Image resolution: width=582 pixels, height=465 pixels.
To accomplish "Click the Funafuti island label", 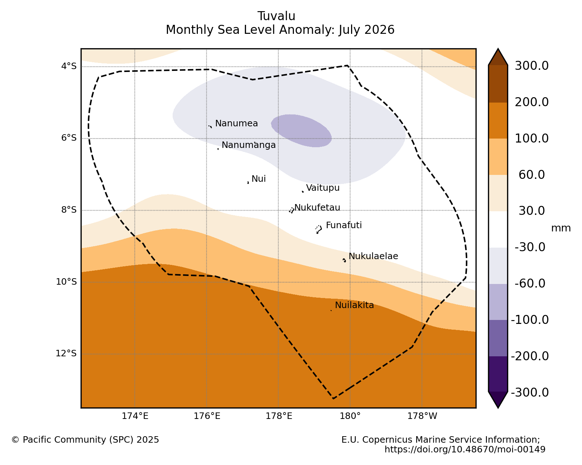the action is (344, 225).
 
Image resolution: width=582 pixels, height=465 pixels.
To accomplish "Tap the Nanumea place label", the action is (236, 123).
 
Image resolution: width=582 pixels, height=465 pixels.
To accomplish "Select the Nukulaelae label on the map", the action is (373, 256).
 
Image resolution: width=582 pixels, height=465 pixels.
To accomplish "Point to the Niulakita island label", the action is (354, 305).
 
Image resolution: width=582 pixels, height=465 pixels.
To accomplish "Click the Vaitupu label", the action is (323, 188).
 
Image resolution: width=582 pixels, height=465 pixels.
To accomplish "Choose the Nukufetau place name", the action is (317, 207).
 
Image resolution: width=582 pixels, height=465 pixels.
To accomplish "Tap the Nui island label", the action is (259, 179).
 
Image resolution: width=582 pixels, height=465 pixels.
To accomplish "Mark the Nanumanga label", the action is (249, 145).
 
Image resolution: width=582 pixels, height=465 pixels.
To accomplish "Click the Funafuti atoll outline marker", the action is (319, 229).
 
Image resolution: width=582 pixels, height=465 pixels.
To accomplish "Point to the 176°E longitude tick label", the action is (207, 416).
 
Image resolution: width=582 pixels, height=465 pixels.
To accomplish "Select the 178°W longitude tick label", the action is (422, 416).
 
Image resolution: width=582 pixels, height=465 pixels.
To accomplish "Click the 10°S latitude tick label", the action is (66, 282).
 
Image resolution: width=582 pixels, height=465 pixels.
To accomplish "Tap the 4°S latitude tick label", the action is (69, 66).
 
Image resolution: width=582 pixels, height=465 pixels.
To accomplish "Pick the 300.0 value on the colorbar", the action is (531, 66).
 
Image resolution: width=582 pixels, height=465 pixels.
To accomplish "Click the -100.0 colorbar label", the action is (530, 320).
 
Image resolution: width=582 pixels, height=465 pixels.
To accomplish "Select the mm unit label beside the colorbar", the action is (561, 228).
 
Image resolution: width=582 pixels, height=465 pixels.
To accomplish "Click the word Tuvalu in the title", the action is (276, 16).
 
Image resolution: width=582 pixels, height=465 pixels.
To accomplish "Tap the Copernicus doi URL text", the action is (465, 449).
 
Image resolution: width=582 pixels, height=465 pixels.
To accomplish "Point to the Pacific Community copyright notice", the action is (85, 439).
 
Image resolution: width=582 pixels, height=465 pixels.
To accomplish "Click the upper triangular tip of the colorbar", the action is (498, 49).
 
